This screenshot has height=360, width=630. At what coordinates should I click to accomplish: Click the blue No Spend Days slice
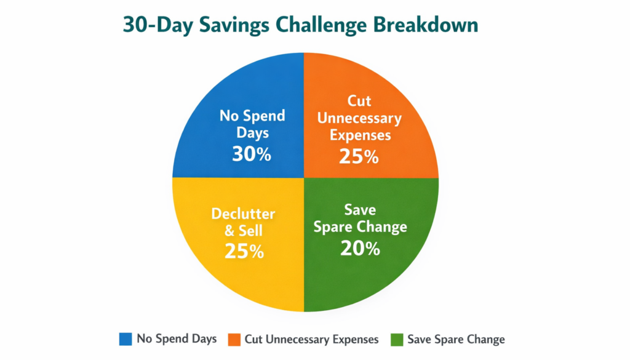[246, 92]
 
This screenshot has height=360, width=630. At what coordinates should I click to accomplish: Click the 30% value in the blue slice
[251, 154]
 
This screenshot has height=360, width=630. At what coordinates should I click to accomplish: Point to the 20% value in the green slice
[360, 248]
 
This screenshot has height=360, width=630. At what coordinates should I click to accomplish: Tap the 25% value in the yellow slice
[244, 251]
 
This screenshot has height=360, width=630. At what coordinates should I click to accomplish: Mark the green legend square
[396, 339]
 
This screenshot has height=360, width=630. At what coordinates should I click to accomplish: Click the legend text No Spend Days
[177, 339]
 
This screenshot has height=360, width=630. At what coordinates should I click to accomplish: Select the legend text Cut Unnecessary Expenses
[312, 339]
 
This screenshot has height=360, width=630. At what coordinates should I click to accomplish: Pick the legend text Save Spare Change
[456, 339]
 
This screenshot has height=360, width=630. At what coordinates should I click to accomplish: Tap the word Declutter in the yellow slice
[243, 214]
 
